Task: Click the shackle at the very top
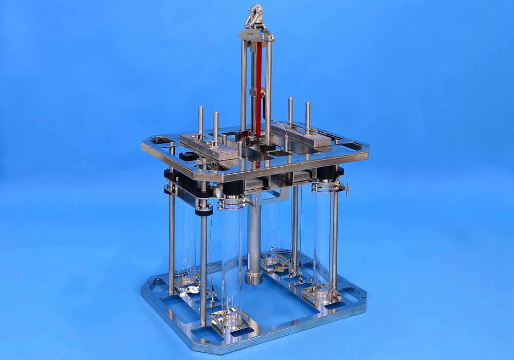coord(254,16)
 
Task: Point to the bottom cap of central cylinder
coord(253,278)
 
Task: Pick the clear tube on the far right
coord(323,237)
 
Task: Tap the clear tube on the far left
coord(186,242)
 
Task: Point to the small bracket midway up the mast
coord(253,93)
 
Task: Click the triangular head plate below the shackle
coord(255,35)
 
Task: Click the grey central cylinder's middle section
coord(253,231)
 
